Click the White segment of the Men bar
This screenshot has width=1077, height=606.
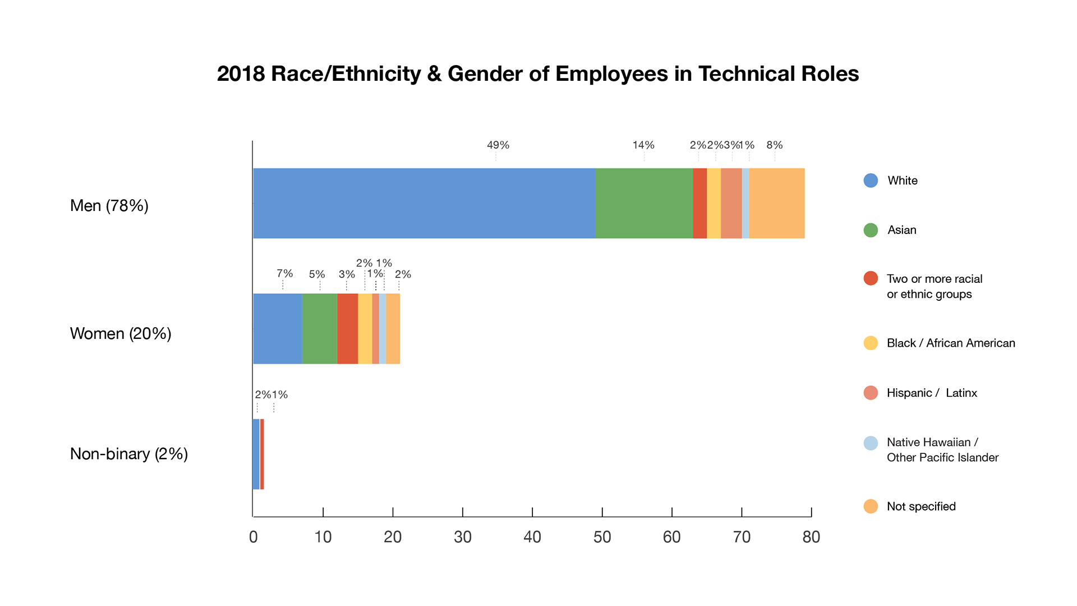click(424, 203)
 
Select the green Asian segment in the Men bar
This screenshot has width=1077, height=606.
click(644, 203)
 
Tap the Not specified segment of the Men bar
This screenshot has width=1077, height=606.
click(777, 203)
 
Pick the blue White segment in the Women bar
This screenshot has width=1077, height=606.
click(278, 328)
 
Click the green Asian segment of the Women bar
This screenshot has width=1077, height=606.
click(320, 328)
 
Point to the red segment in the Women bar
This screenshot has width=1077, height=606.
click(348, 328)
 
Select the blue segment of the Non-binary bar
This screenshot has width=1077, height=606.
click(256, 454)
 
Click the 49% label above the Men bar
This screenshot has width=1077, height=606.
click(498, 145)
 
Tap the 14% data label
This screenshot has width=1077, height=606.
click(643, 145)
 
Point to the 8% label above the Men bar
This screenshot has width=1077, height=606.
click(775, 145)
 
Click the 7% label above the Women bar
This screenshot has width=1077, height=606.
click(284, 273)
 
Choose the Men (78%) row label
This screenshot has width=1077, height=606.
click(109, 205)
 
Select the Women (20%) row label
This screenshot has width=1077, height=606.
click(121, 333)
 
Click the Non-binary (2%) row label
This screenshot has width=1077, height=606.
click(129, 453)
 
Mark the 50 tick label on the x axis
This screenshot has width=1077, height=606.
click(602, 537)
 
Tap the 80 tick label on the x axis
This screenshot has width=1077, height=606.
click(811, 537)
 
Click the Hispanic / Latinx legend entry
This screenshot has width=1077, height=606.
click(932, 393)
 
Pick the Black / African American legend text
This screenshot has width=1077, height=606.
click(951, 343)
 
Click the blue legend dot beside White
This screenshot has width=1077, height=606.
click(871, 181)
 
